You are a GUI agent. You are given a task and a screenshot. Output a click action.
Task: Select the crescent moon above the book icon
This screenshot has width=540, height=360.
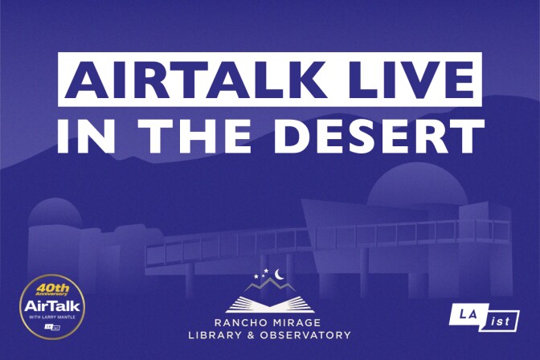click(x=280, y=275)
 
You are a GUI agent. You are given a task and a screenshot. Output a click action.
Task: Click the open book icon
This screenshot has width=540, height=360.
click(x=270, y=304)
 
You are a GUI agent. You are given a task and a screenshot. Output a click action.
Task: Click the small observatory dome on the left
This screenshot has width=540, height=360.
click(x=55, y=214)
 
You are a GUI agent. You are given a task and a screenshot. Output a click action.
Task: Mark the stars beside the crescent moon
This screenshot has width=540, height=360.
click(x=262, y=276)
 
